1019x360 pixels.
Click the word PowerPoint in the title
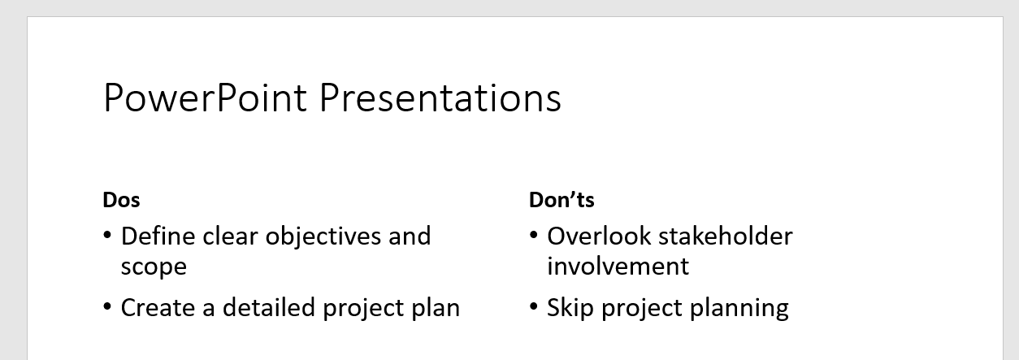point(205,98)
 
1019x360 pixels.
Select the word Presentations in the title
point(440,98)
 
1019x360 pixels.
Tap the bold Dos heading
point(121,200)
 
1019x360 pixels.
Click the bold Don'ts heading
point(562,200)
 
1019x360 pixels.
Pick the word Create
point(158,308)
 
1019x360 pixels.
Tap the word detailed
point(268,307)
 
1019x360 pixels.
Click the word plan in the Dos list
point(436,309)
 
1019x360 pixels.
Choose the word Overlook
point(599,236)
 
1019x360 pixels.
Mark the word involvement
point(618,267)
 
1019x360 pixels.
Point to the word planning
point(739,309)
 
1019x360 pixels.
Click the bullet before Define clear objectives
point(107,236)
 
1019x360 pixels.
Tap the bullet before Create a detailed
point(107,306)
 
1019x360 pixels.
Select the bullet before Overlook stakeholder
point(534,236)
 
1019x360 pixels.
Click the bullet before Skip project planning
point(534,306)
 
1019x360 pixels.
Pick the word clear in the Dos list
point(230,236)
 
